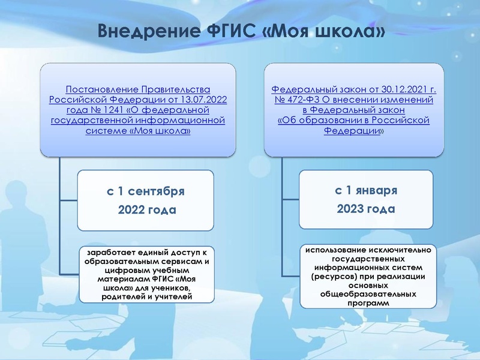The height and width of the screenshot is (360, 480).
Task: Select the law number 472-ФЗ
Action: coord(299,100)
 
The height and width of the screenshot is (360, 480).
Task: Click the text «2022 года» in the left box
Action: coord(146,210)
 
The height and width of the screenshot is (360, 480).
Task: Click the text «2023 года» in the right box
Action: coord(366,209)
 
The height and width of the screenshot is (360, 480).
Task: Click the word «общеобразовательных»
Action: coord(365,294)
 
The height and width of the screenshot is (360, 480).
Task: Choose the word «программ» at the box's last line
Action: coord(365,303)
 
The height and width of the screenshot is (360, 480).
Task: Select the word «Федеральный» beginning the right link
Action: coord(300,89)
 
